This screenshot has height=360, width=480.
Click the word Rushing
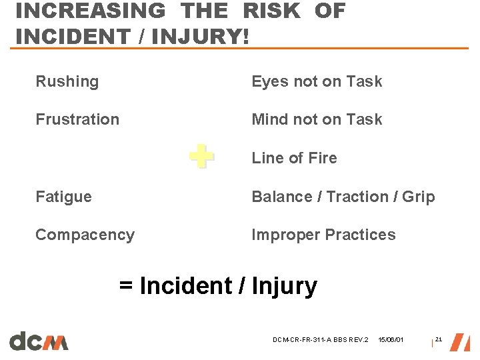point(67,82)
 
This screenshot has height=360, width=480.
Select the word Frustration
point(77,120)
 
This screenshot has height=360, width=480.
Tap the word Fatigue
point(63,197)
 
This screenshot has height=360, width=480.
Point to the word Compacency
point(85,235)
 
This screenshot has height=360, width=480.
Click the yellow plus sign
point(201,157)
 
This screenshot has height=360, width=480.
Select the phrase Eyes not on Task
point(317,82)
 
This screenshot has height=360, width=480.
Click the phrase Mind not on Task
point(317,120)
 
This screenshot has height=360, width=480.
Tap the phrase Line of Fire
point(294,158)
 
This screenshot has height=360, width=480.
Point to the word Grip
point(418,197)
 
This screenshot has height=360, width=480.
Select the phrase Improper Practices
point(323,235)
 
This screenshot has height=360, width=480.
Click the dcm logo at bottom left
point(39,341)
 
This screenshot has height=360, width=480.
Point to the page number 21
point(438,340)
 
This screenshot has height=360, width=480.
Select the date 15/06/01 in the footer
point(390,341)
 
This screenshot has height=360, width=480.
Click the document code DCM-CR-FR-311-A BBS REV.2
point(320,341)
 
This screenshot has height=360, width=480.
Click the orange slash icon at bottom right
point(459,341)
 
